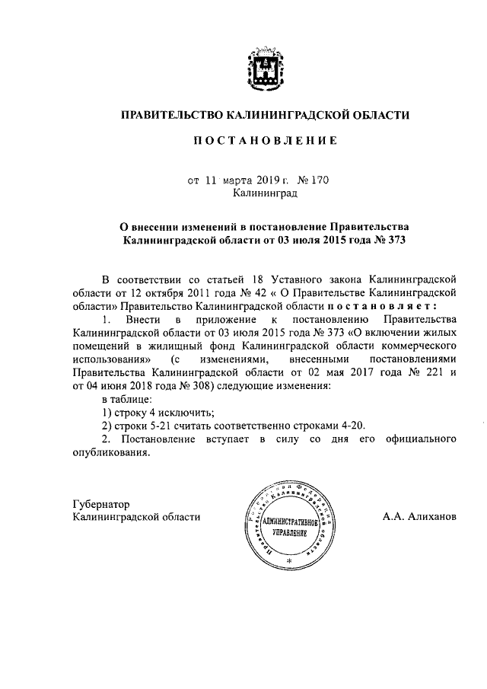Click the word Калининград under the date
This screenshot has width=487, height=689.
(x=265, y=193)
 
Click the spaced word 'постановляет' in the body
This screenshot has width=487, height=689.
(x=392, y=305)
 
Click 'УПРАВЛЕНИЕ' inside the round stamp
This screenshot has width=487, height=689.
(x=288, y=533)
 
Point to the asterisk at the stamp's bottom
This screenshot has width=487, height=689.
(x=289, y=561)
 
